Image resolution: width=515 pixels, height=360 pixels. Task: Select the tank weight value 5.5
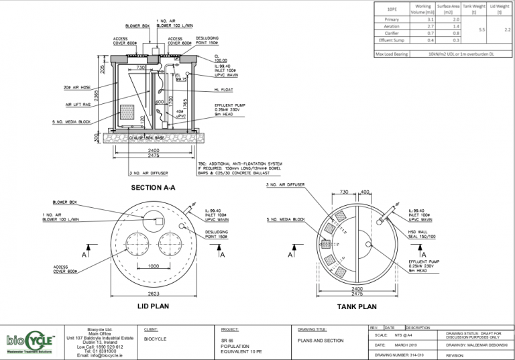(x=481, y=30)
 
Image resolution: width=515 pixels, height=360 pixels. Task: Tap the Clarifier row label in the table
(x=391, y=34)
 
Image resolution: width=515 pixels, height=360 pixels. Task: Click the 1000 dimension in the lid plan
(x=154, y=266)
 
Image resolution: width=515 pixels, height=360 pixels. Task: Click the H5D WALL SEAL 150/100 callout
(x=422, y=235)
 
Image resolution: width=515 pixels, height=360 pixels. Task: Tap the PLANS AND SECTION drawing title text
(x=321, y=341)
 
